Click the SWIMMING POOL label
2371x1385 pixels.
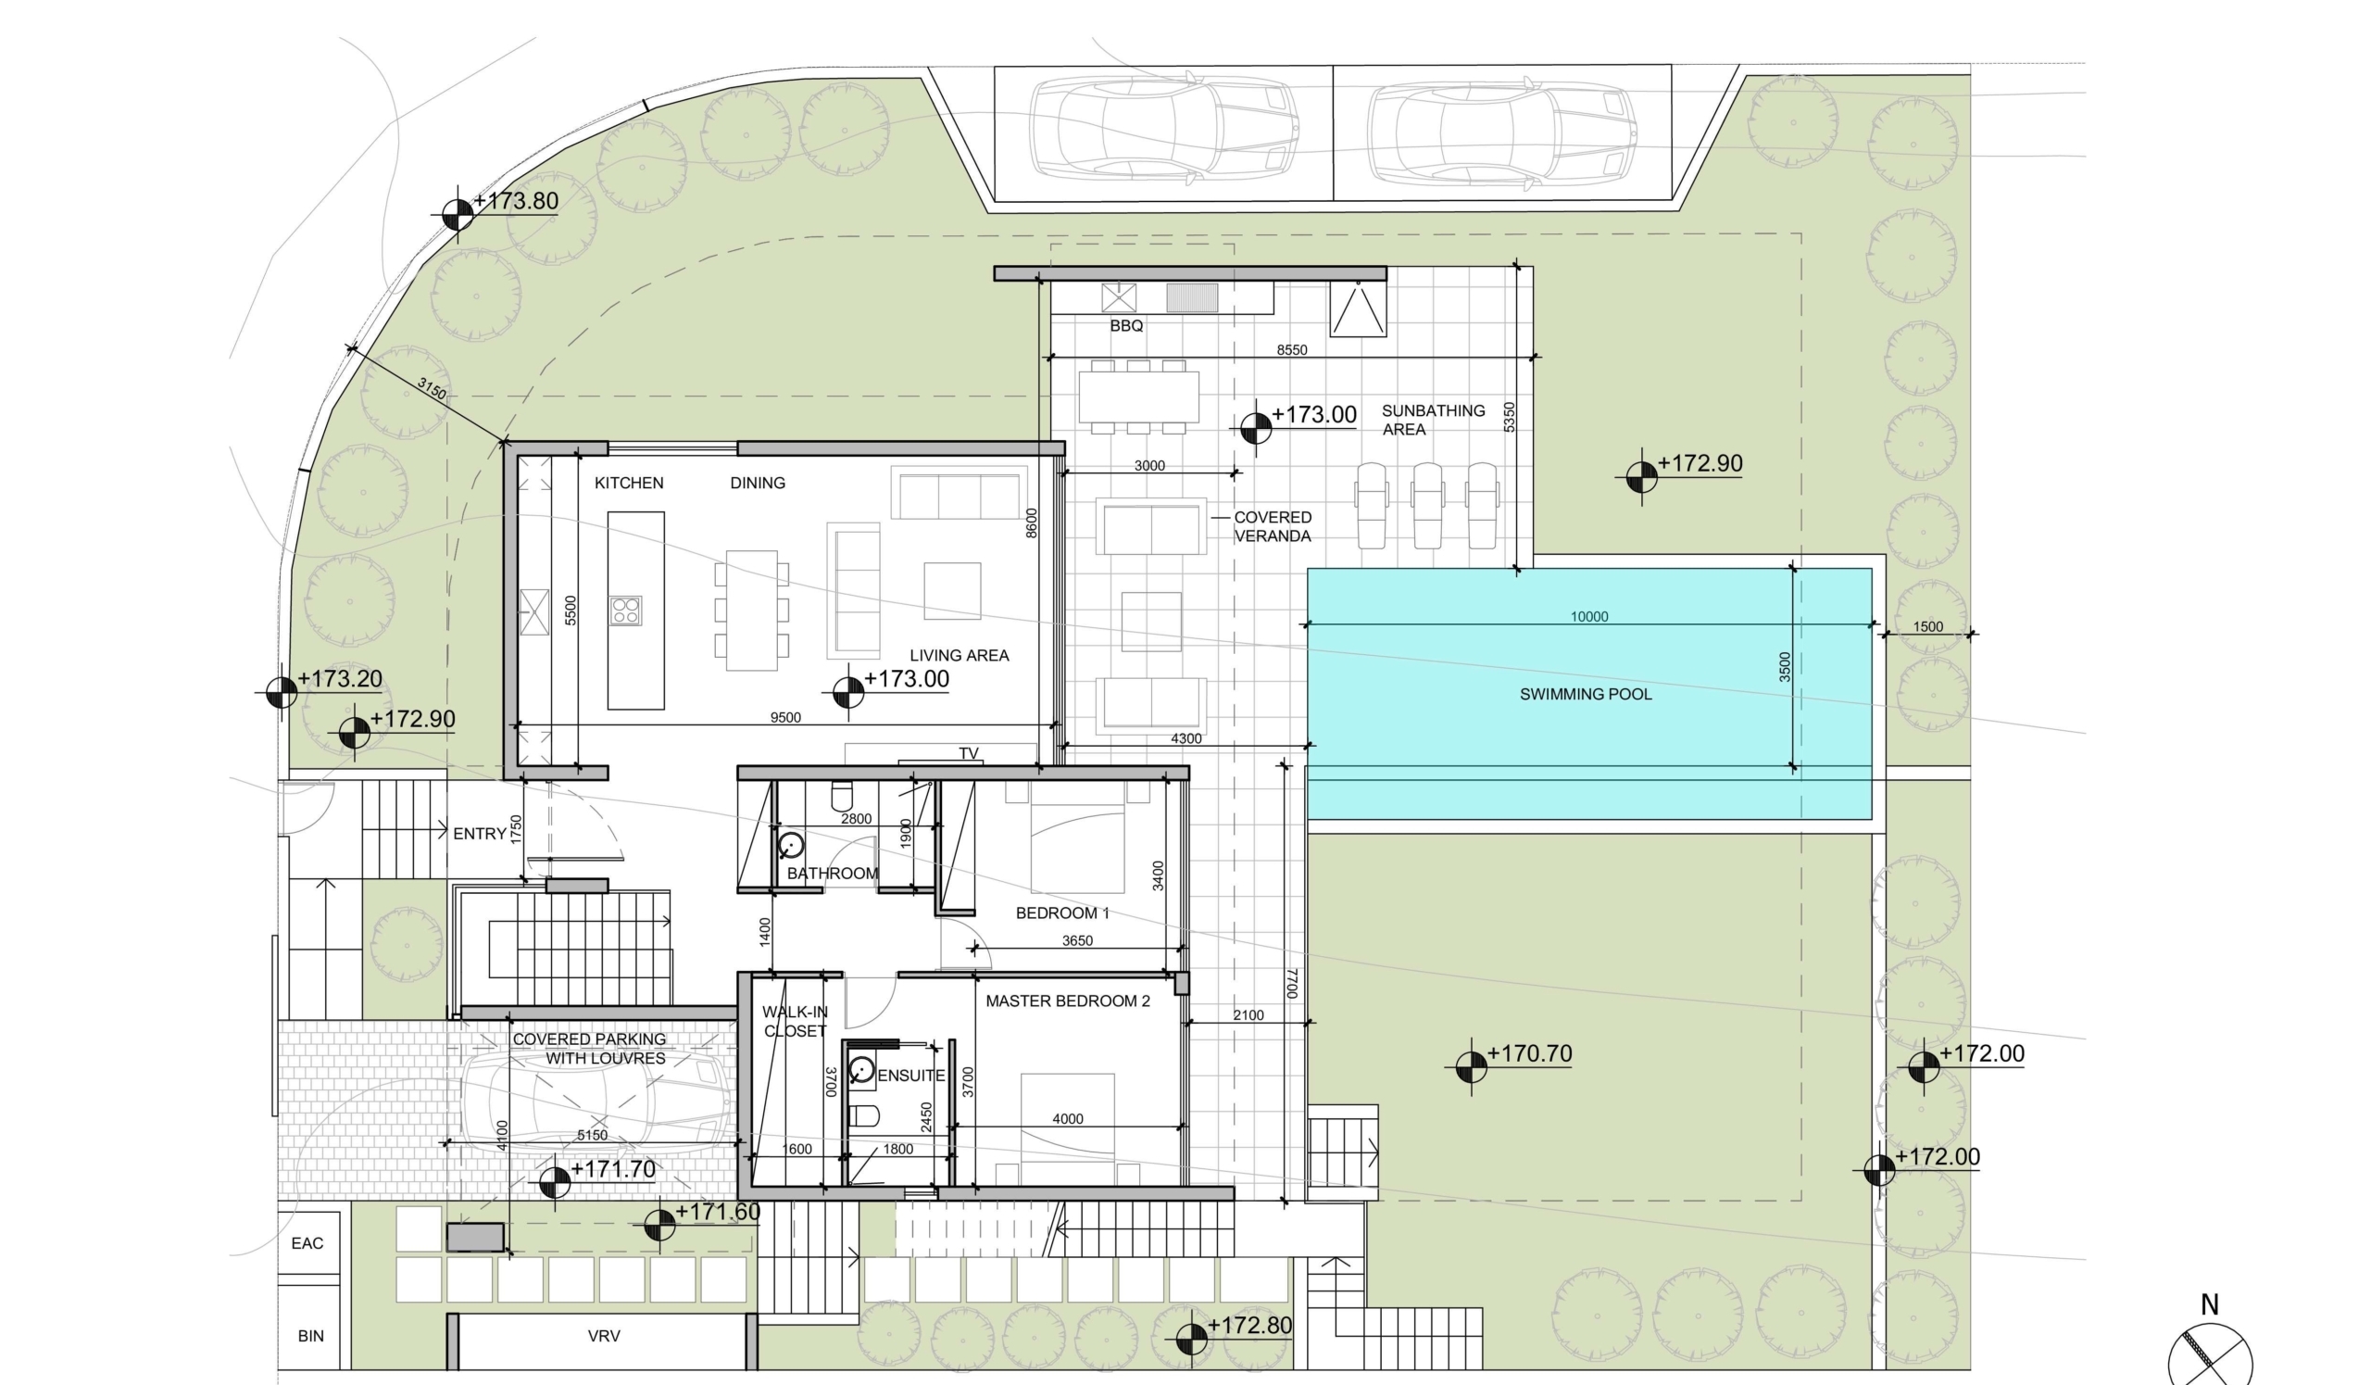point(1586,695)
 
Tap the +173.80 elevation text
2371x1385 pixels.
point(516,201)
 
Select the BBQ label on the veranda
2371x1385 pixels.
point(1126,325)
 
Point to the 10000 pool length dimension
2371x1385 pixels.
point(1589,616)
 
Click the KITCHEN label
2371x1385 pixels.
point(629,483)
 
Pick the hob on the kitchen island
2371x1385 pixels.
point(626,611)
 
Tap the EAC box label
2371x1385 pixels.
point(307,1243)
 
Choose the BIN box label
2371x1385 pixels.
point(310,1335)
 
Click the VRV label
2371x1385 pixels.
point(603,1335)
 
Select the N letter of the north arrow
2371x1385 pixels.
point(2210,1305)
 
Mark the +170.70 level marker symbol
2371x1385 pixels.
point(1471,1067)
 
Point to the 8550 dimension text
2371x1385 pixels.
point(1292,350)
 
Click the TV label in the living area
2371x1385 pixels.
point(968,752)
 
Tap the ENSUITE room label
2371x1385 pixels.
point(910,1076)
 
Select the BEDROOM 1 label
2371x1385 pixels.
point(1062,913)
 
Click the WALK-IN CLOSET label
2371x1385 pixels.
point(795,1021)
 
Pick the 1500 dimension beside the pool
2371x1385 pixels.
point(1928,626)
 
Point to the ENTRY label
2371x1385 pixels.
point(480,834)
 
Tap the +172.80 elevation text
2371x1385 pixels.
point(1249,1325)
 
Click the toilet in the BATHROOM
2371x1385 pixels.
point(842,797)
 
